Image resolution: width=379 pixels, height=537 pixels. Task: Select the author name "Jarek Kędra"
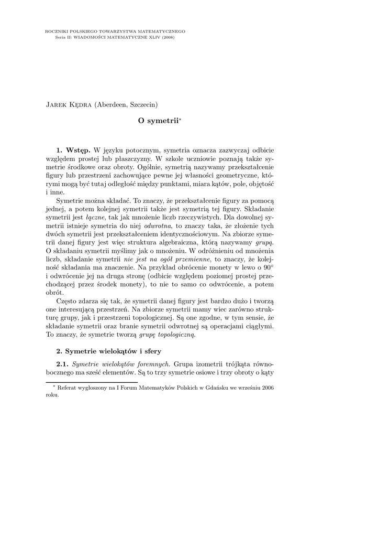(x=69, y=104)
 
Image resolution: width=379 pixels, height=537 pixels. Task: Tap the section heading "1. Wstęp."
(x=74, y=151)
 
